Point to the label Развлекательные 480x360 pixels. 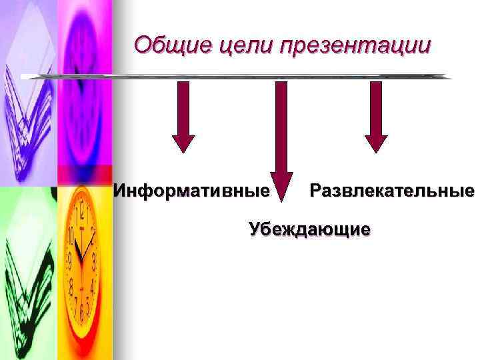tap(391, 192)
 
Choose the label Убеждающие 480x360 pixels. tap(309, 230)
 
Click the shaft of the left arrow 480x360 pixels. tap(183, 107)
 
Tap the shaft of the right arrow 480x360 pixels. tap(376, 107)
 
